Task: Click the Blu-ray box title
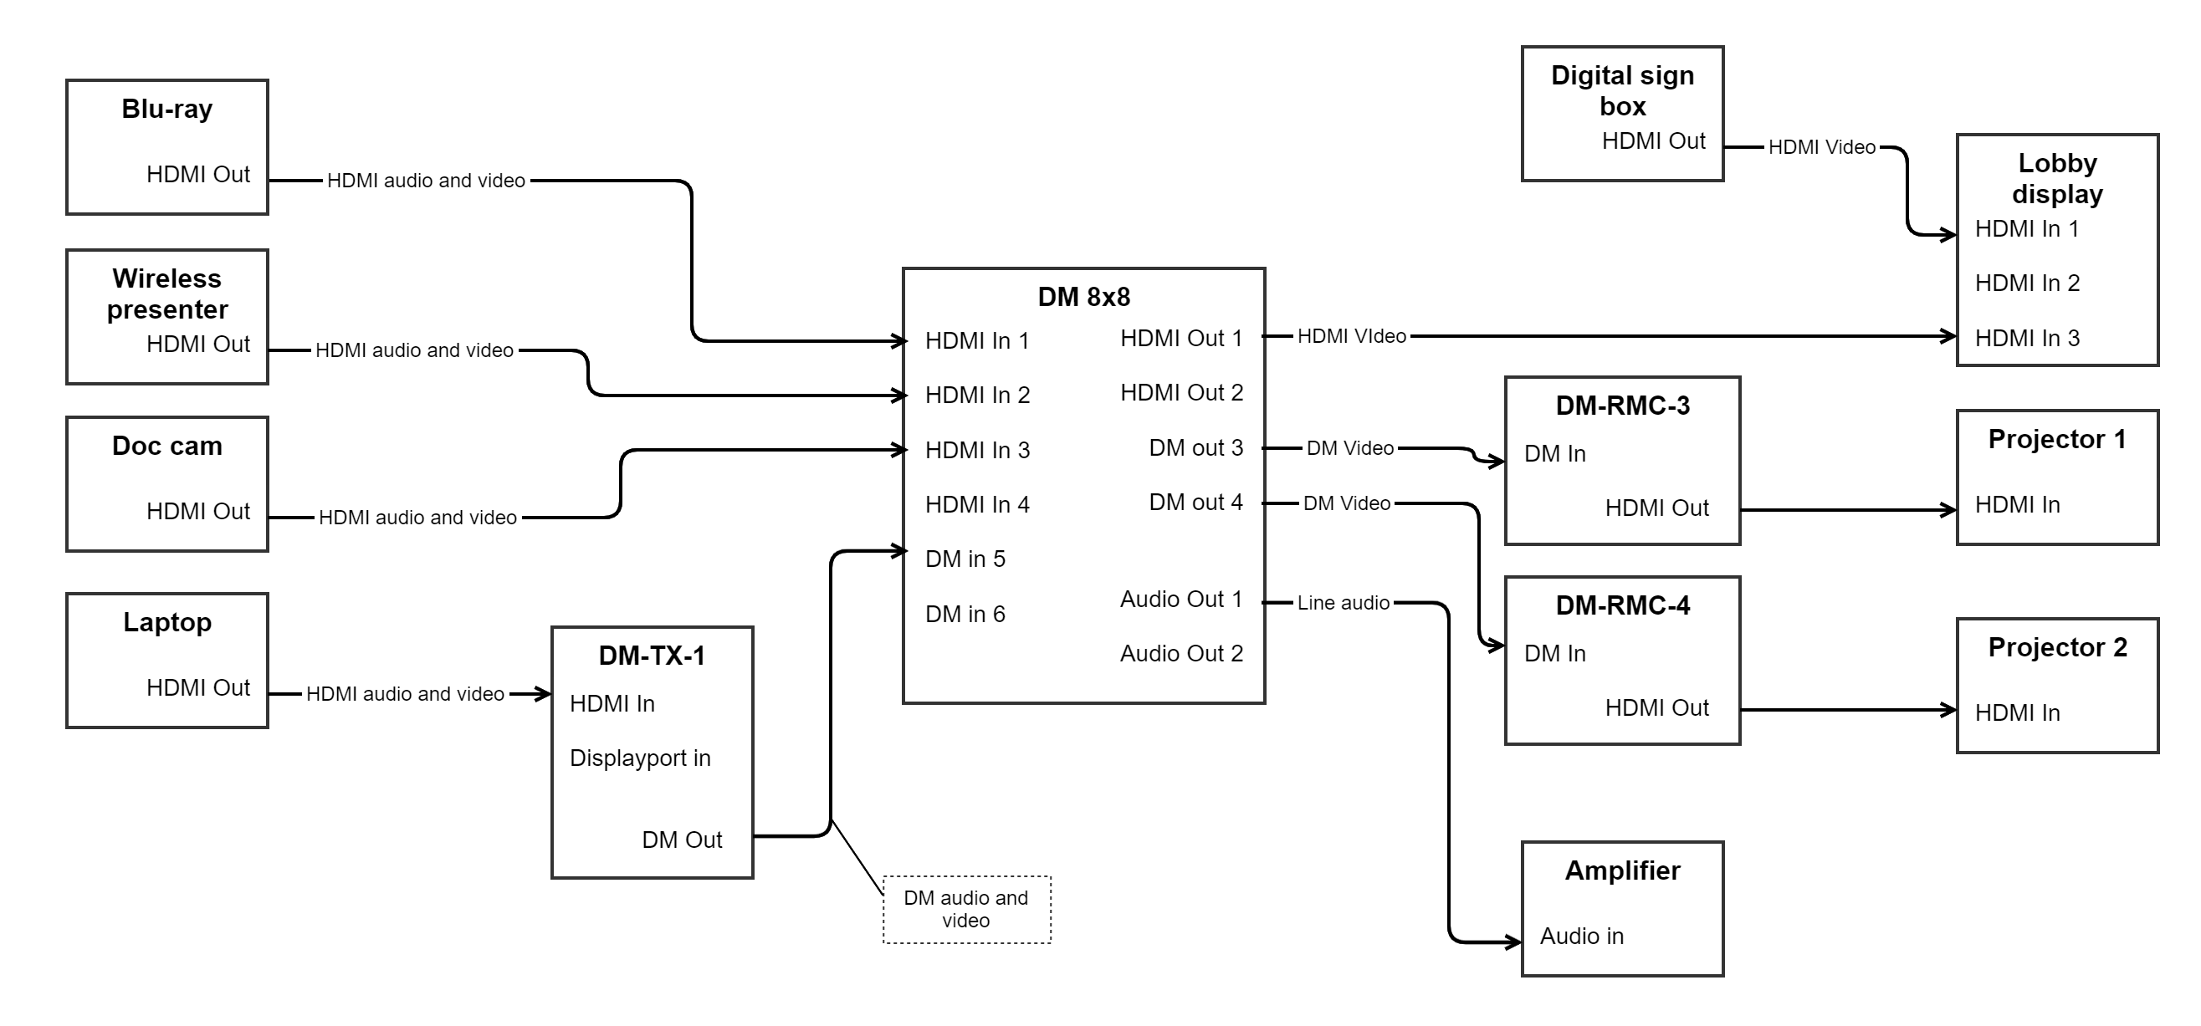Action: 166,110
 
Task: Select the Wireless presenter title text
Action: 166,294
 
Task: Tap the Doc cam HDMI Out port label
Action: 197,511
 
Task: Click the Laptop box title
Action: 166,622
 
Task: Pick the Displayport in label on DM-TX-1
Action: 640,758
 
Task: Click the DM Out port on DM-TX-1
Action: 682,840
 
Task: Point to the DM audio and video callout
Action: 966,909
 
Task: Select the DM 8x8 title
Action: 1083,297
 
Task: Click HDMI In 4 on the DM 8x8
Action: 976,504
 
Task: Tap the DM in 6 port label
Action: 965,614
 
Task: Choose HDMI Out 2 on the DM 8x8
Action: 1181,392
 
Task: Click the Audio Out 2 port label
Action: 1181,654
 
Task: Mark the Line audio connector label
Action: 1344,602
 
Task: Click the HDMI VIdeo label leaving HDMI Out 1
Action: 1352,336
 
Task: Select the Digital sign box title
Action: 1622,90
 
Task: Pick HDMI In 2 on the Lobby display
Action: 2027,283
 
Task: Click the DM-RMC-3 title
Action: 1622,405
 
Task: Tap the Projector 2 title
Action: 2056,646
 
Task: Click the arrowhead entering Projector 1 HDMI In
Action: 1949,510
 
